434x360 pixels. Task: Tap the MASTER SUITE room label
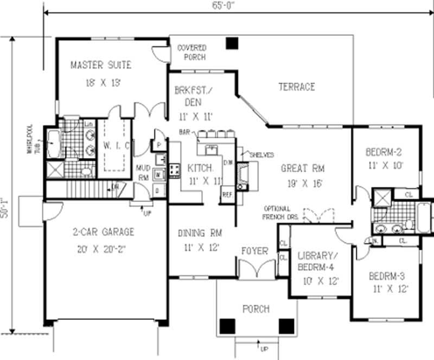tap(101, 65)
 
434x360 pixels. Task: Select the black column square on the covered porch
tap(233, 43)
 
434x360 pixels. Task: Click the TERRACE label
tap(297, 87)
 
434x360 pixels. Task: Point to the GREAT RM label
tap(302, 168)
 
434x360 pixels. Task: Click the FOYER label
tap(255, 251)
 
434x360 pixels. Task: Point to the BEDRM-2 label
tap(384, 152)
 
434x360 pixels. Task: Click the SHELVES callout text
tap(261, 155)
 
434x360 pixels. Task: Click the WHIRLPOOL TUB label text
tap(34, 141)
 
